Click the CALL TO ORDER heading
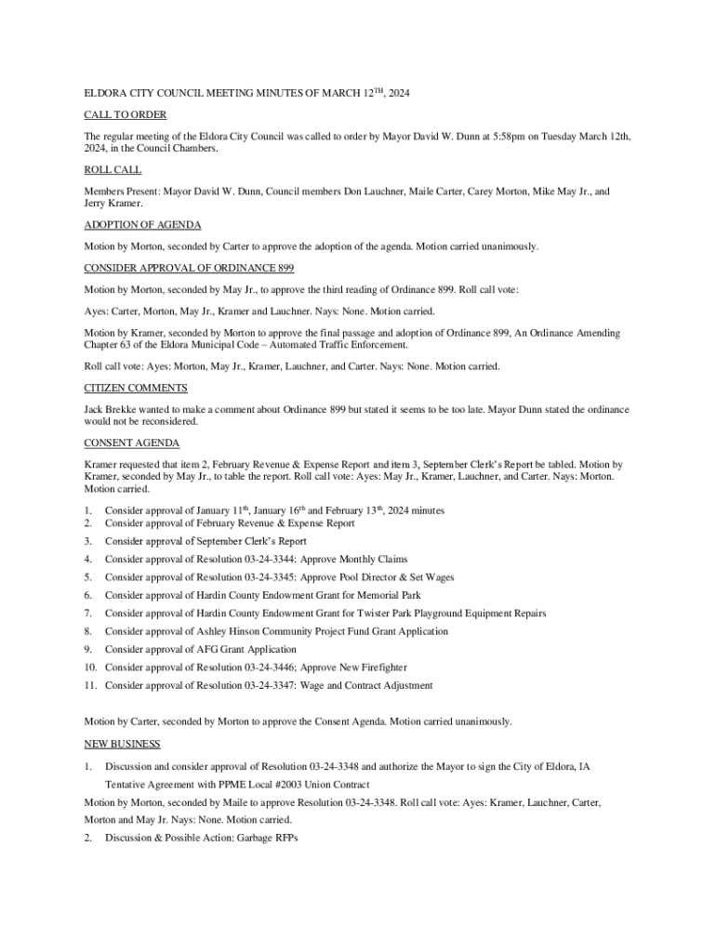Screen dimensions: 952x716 click(x=126, y=114)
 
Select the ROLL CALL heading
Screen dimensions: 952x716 click(x=113, y=170)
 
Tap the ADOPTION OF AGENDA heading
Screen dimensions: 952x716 click(x=142, y=225)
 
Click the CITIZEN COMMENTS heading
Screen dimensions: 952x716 click(x=136, y=388)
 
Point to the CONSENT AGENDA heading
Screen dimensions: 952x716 click(x=132, y=443)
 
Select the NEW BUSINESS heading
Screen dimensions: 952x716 click(x=122, y=744)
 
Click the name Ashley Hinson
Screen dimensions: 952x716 click(x=220, y=631)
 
